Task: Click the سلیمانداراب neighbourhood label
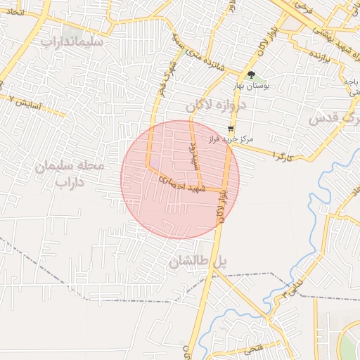(x=72, y=41)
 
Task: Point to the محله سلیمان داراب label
(x=70, y=174)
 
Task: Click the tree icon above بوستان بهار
(x=251, y=74)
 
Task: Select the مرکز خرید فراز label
(x=231, y=139)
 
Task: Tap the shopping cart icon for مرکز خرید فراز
(x=231, y=128)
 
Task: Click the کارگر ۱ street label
(x=283, y=157)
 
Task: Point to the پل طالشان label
(x=199, y=262)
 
